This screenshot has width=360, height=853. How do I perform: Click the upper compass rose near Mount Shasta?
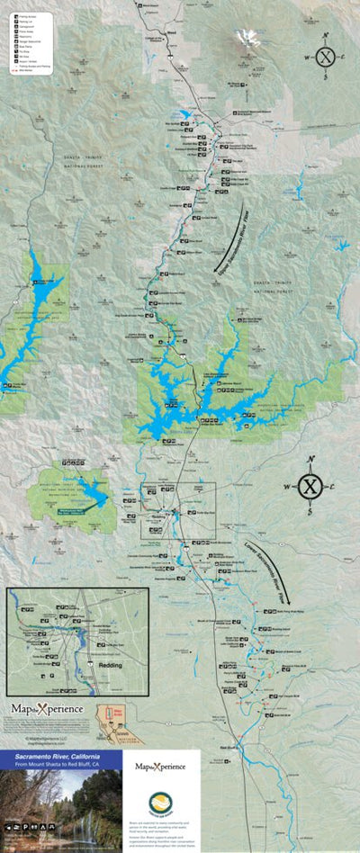tap(326, 57)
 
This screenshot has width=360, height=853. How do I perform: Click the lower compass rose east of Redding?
tap(310, 487)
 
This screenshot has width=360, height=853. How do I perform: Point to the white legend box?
tap(31, 42)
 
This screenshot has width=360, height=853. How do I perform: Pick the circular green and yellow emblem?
tap(159, 803)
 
